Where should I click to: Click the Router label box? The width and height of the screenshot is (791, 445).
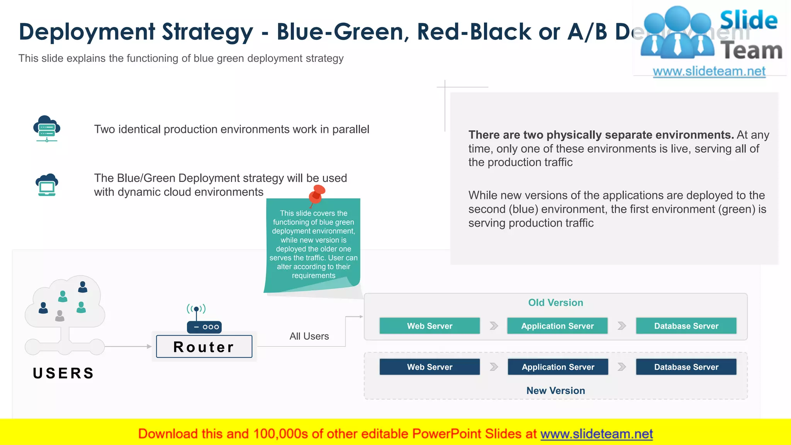[204, 346]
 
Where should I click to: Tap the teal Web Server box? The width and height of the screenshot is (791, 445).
[429, 326]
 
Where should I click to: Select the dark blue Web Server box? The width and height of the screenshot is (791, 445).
[429, 367]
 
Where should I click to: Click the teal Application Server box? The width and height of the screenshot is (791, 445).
[557, 326]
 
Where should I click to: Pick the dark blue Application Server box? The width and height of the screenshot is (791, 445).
[558, 367]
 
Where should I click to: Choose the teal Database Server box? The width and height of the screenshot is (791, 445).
[686, 326]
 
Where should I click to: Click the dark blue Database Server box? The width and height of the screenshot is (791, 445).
[686, 367]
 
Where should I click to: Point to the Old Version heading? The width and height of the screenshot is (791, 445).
[555, 302]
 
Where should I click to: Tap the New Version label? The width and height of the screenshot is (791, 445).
[555, 391]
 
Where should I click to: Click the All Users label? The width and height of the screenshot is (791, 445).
[309, 336]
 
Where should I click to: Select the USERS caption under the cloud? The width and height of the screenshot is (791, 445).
[64, 373]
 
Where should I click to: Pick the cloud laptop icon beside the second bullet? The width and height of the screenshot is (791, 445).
[47, 185]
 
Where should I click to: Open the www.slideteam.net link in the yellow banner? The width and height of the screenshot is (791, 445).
[596, 434]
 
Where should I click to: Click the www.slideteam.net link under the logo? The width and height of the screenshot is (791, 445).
[709, 71]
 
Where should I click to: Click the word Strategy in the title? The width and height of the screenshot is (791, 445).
[207, 32]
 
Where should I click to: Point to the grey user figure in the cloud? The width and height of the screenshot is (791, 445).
[60, 316]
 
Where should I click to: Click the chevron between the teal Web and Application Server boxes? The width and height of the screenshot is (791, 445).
[494, 326]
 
